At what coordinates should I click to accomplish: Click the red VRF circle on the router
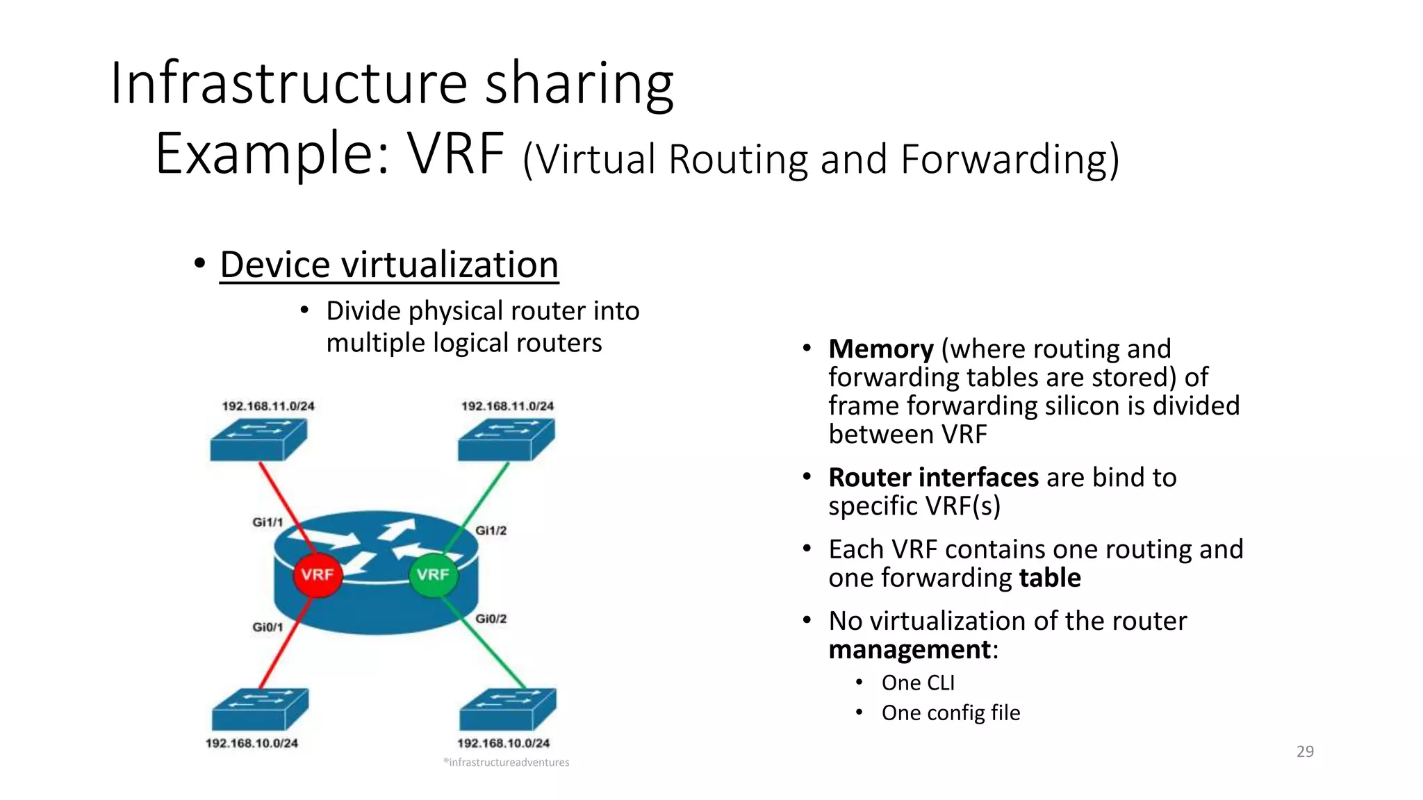(318, 574)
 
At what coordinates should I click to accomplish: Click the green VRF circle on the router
(434, 574)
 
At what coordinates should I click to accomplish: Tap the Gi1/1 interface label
(268, 522)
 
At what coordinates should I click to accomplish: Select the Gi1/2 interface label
(491, 531)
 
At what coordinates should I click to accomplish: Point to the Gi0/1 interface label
(268, 627)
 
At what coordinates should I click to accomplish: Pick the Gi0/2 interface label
(491, 619)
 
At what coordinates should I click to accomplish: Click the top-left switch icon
(258, 440)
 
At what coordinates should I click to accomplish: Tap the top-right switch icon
(506, 440)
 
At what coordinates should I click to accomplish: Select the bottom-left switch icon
(260, 709)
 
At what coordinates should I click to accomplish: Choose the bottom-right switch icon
(507, 709)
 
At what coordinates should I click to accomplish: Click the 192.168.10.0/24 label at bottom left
(252, 743)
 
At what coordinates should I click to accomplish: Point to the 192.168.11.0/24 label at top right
(507, 406)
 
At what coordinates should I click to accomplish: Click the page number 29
(1305, 751)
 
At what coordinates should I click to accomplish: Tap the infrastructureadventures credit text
(508, 762)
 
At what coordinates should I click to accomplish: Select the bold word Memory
(881, 349)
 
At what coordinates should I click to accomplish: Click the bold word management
(910, 649)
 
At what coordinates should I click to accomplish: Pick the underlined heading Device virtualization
(389, 265)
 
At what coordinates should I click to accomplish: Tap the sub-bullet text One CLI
(918, 683)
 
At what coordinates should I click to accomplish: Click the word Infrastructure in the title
(288, 83)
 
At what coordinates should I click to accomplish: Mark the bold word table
(1049, 578)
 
